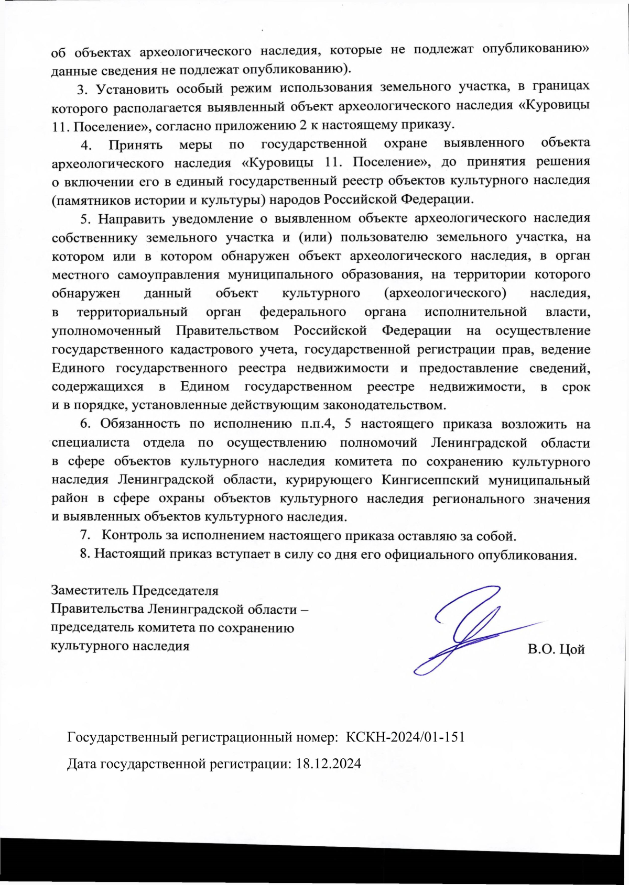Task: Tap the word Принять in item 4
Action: [x=135, y=144]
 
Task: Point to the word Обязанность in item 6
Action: [x=138, y=424]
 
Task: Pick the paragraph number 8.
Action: [x=85, y=554]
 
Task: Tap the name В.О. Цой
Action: [x=556, y=650]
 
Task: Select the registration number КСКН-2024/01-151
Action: [x=406, y=737]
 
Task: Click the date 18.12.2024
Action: [x=329, y=764]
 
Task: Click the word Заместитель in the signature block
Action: [x=90, y=591]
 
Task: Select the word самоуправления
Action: [x=168, y=274]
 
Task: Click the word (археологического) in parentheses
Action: [x=445, y=293]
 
